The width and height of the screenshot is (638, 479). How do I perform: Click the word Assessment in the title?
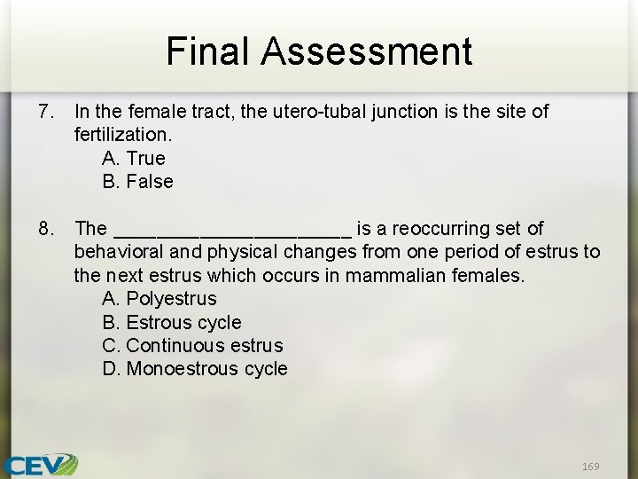[x=366, y=51]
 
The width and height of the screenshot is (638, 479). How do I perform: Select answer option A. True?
[x=134, y=159]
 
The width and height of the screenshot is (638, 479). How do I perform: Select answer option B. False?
[x=138, y=182]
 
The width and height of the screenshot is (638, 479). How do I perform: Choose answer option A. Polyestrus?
[x=159, y=299]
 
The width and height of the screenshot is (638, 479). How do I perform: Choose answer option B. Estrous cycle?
[x=172, y=322]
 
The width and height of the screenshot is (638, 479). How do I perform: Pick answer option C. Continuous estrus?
[x=192, y=345]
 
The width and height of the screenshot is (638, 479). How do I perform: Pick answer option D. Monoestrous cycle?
[x=195, y=368]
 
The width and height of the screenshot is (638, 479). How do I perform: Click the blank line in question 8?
[x=233, y=232]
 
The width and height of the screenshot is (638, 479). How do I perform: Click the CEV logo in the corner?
[x=40, y=465]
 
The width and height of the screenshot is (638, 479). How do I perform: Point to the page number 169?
[x=591, y=466]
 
